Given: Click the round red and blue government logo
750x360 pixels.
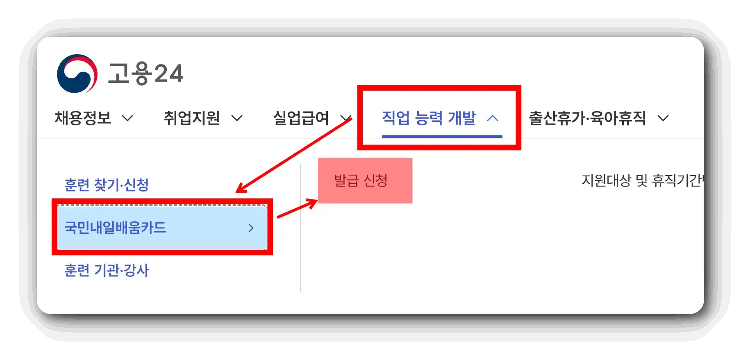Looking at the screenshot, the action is tap(77, 74).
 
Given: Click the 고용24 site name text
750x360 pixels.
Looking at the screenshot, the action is tap(145, 74).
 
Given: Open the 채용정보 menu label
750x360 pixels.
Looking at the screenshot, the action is tap(83, 118).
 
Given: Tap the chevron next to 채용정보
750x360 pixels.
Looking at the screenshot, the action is tap(128, 118).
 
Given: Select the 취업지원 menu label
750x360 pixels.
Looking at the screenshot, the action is tap(192, 118).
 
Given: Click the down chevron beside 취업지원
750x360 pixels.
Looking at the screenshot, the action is tap(237, 118).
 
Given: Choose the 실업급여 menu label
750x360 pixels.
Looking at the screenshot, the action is tap(301, 118).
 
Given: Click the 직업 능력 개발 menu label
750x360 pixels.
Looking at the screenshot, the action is tap(429, 118).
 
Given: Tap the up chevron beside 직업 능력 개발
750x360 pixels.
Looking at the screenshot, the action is tap(493, 118).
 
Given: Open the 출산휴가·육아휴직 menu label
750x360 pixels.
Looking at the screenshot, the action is tap(587, 118).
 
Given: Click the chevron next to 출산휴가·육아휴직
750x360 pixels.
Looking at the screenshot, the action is tap(663, 118).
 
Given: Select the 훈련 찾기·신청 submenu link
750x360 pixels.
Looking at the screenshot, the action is tap(107, 185).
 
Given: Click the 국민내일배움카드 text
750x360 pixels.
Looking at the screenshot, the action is tap(115, 228).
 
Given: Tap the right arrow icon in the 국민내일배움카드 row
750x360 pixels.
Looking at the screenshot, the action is tap(251, 228).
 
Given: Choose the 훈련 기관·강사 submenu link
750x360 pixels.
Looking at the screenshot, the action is tap(107, 271).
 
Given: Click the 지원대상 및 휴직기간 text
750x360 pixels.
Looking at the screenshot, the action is tap(641, 180).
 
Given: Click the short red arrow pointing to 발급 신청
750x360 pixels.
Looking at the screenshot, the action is tap(298, 208).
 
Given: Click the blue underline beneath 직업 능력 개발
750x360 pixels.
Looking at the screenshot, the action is tap(442, 136).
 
